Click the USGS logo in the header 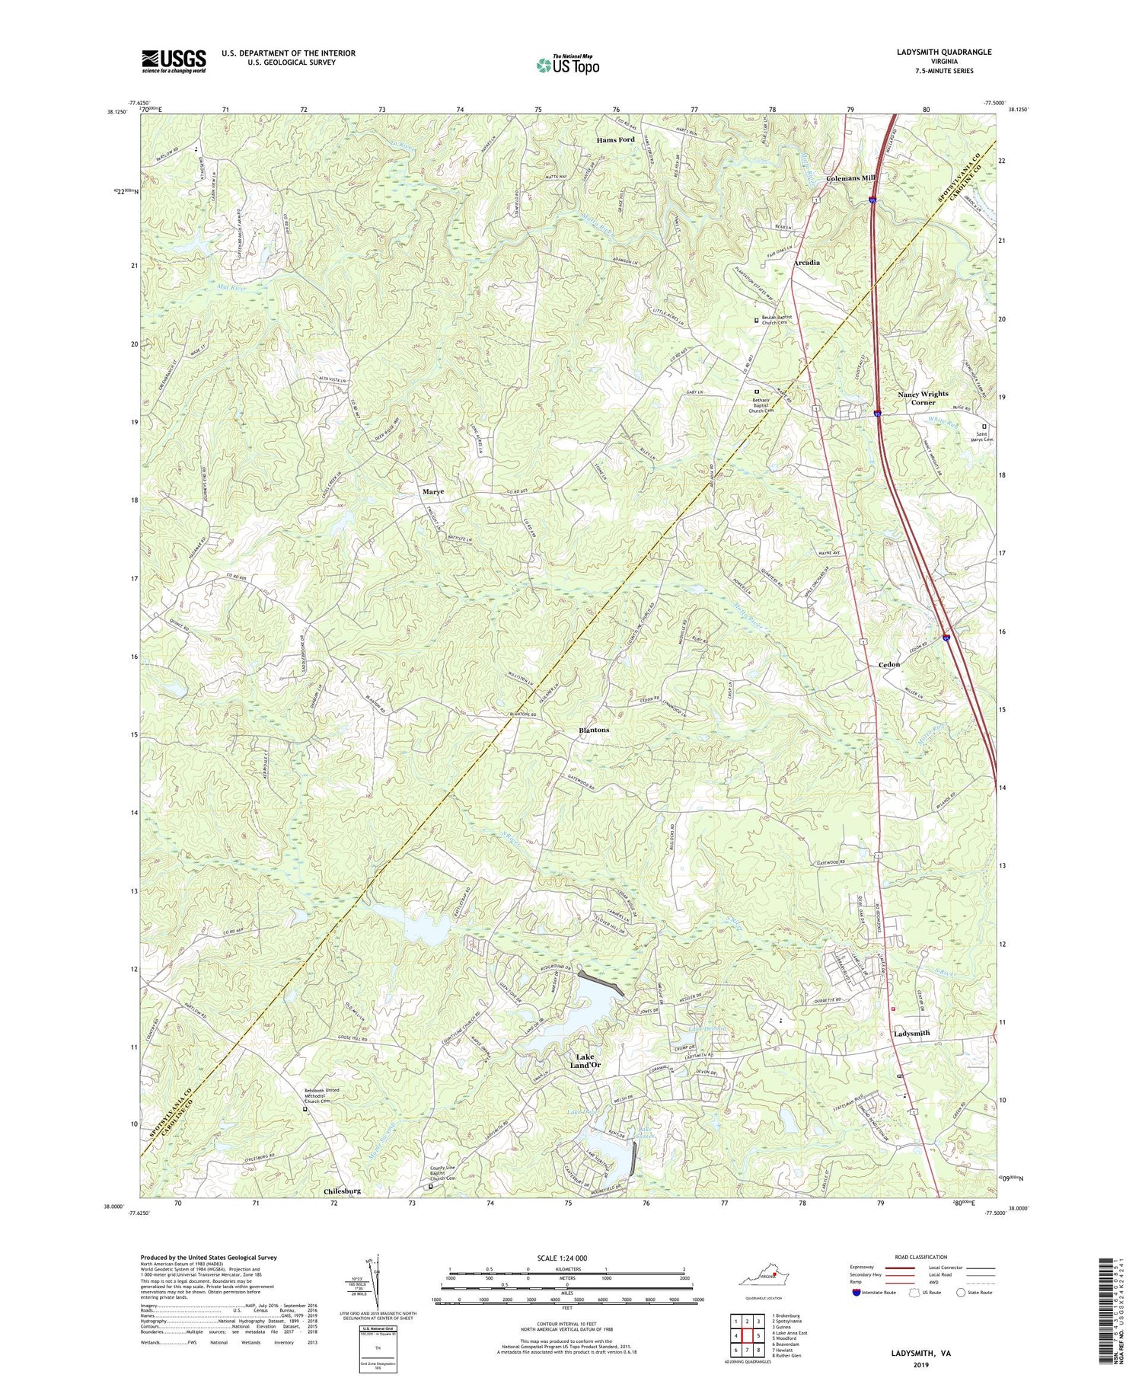174,61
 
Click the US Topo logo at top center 567,64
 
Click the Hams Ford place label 615,140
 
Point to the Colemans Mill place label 851,177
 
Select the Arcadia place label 807,263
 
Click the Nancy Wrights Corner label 923,398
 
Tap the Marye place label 433,492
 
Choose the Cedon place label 888,664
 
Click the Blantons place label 594,730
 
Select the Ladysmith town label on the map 910,1034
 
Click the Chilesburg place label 342,1190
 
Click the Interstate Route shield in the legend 858,1292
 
